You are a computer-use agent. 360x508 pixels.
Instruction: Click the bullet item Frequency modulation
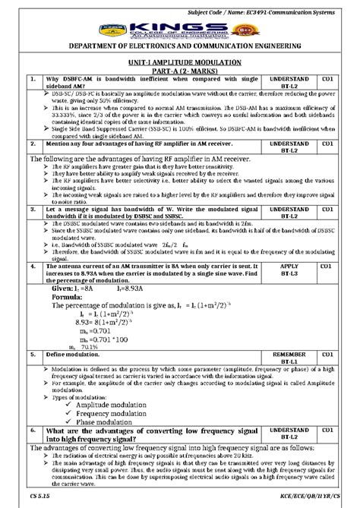110,414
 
